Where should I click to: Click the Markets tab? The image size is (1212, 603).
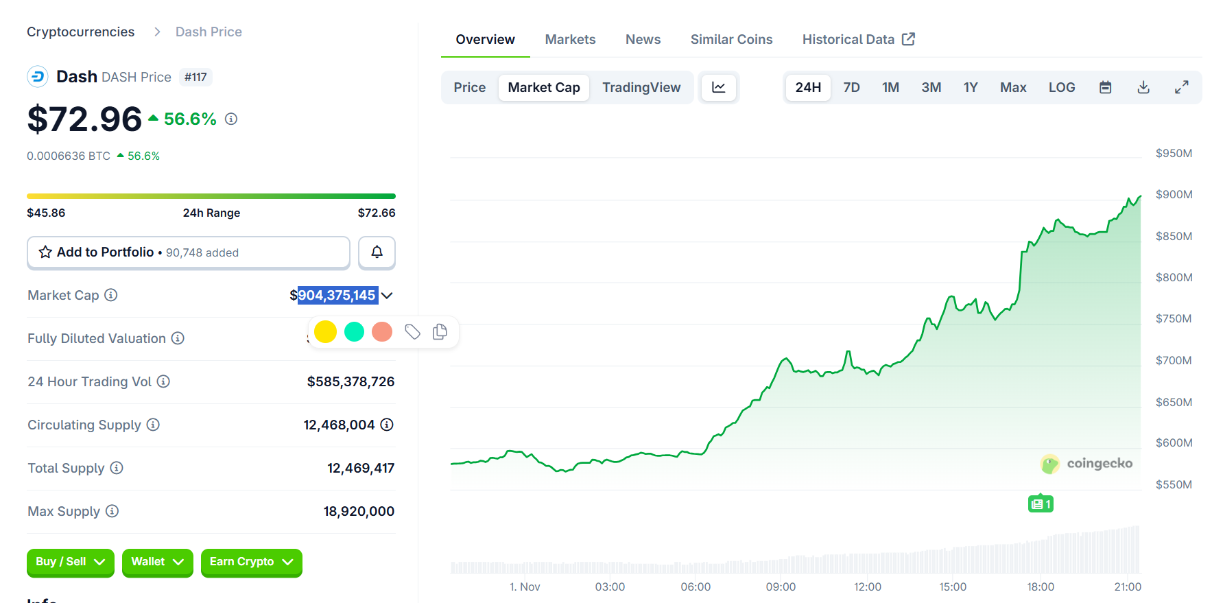[x=570, y=40]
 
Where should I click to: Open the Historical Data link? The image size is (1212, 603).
[x=858, y=40]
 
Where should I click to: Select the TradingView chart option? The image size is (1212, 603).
[x=641, y=88]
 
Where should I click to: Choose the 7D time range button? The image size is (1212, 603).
[x=851, y=88]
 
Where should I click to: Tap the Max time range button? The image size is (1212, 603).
[x=1012, y=88]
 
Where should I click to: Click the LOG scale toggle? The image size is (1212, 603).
[x=1061, y=88]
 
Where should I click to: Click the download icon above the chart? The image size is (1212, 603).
[x=1143, y=88]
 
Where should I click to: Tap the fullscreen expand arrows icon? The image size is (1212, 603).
[x=1181, y=88]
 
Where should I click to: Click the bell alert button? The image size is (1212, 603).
[x=377, y=252]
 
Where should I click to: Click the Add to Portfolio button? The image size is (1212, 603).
[x=188, y=252]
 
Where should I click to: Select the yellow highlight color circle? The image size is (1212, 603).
[x=325, y=332]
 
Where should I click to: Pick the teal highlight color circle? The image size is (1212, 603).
[x=354, y=332]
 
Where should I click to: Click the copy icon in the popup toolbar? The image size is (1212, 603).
[x=440, y=332]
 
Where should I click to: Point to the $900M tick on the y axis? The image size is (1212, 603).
[x=1174, y=195]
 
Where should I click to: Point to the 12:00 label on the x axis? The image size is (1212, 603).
[x=867, y=587]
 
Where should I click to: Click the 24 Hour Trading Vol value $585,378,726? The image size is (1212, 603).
[x=350, y=382]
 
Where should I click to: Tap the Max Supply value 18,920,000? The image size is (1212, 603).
[x=359, y=512]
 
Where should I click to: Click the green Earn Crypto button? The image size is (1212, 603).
[x=251, y=562]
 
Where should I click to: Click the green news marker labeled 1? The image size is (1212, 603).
[x=1041, y=504]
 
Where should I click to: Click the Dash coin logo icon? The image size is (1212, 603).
[x=38, y=77]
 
